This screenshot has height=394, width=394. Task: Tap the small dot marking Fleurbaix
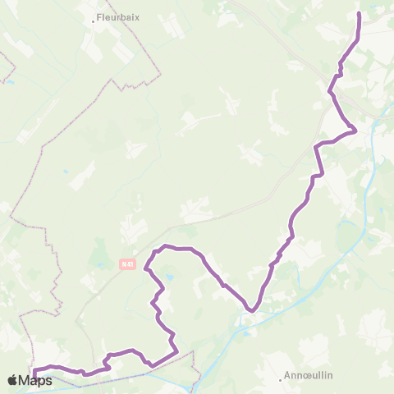[94, 21]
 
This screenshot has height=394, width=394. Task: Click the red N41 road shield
[126, 264]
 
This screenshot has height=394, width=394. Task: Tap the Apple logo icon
[13, 380]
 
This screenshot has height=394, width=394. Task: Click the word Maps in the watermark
[36, 380]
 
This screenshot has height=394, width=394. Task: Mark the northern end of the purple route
[359, 14]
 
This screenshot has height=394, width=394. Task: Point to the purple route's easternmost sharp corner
[355, 130]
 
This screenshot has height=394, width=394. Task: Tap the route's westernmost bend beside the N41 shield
[146, 268]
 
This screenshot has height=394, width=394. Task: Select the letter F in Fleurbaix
[98, 15]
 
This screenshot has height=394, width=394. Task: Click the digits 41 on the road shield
[129, 264]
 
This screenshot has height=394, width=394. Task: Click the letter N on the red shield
[122, 264]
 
